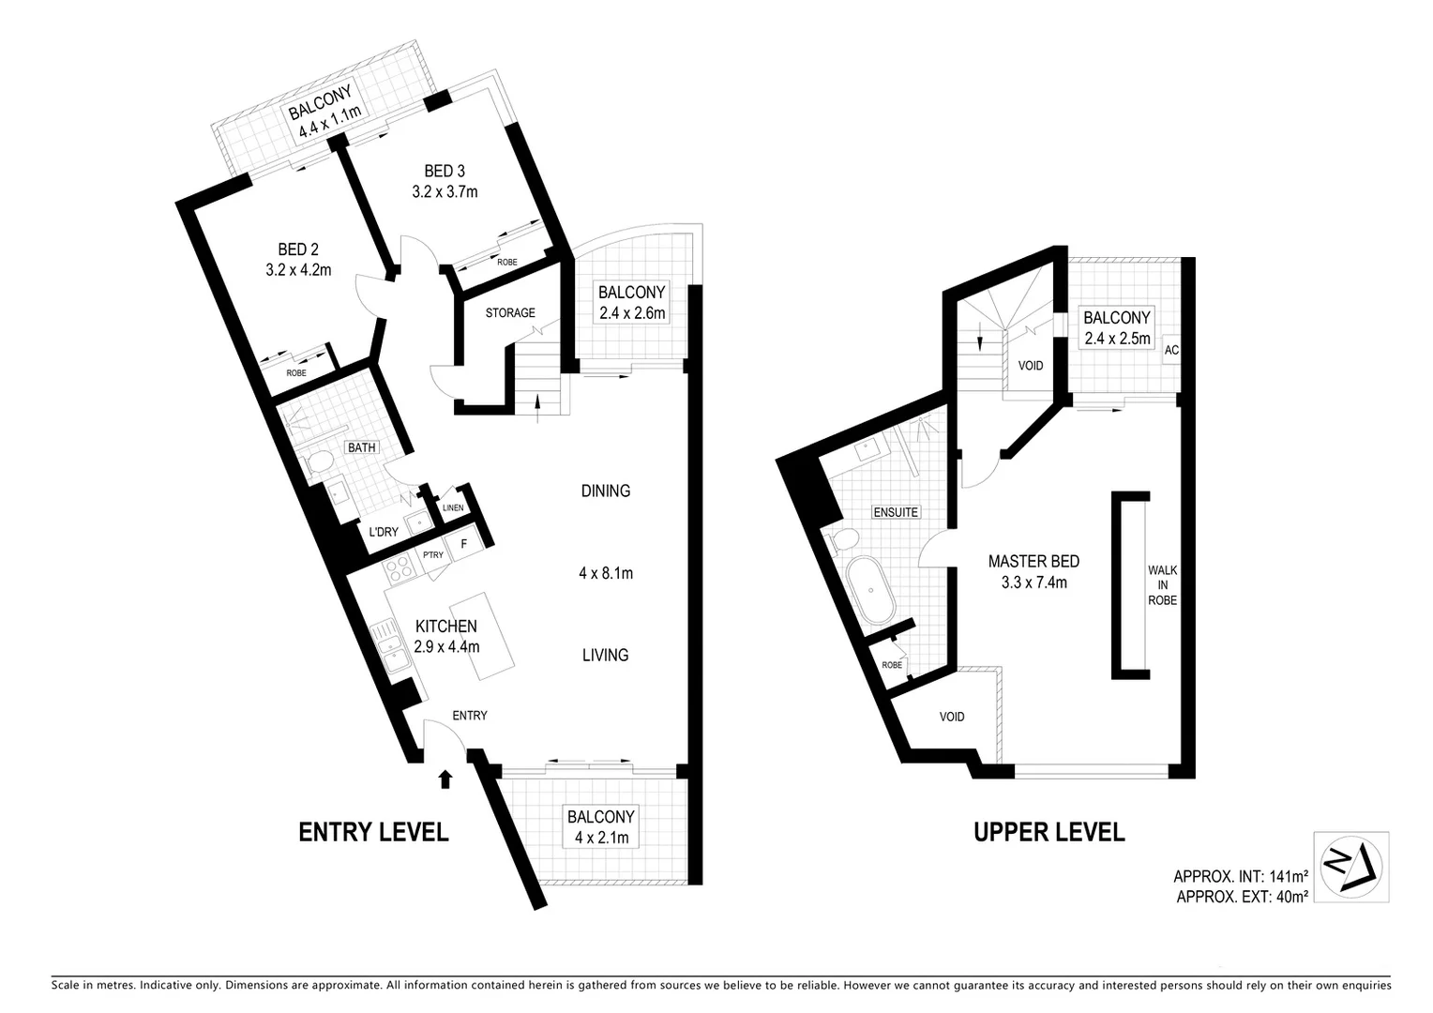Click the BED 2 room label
coord(298,249)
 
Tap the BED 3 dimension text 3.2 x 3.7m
coord(445,192)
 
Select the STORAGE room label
coord(510,312)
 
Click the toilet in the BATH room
coord(319,462)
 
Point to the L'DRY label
coord(383,532)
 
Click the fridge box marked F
coord(462,543)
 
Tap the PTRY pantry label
coord(432,555)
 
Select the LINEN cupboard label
coord(453,507)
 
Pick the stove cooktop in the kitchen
coord(400,570)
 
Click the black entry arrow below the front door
coord(445,778)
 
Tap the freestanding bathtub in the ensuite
coord(871,591)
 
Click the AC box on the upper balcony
coord(1171,350)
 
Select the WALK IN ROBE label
coord(1162,585)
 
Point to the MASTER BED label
coord(1033,561)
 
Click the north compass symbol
coord(1350,867)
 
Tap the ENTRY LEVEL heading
coord(373,831)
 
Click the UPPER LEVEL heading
coord(1048,831)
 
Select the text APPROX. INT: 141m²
coord(1240,877)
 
